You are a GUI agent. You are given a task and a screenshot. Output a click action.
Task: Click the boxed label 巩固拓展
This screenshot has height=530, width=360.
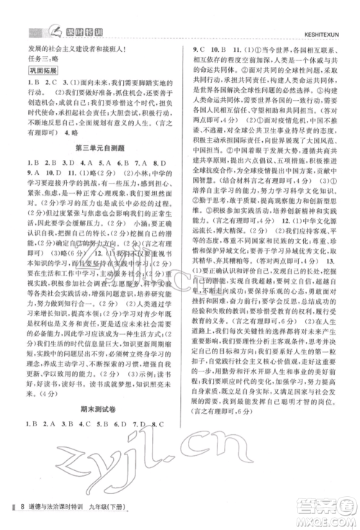pyautogui.click(x=42, y=71)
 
